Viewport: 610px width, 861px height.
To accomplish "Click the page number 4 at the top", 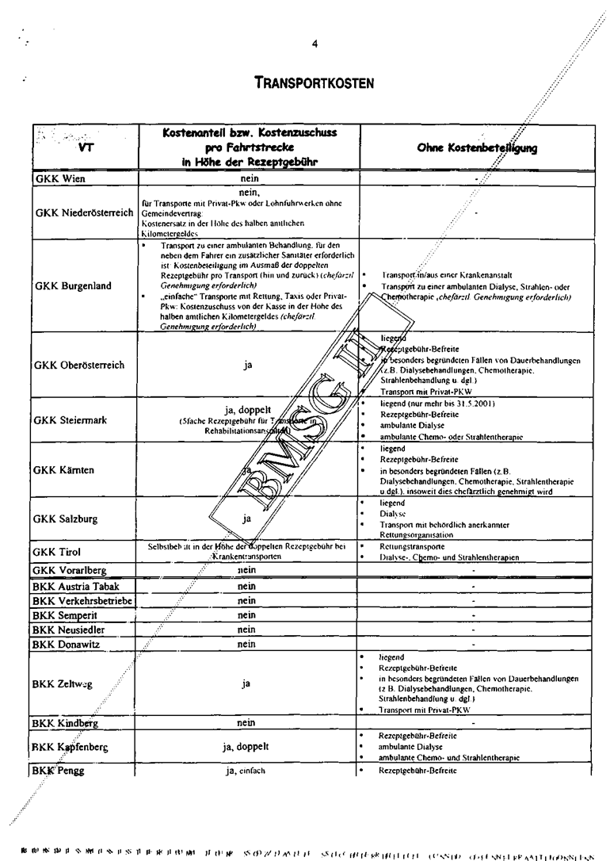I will [x=315, y=44].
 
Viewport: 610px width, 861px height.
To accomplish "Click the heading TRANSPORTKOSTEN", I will [x=315, y=82].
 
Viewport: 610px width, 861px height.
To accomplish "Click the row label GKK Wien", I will [x=61, y=179].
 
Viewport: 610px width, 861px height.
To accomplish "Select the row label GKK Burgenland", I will [x=74, y=285].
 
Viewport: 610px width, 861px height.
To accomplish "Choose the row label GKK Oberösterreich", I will [x=79, y=365].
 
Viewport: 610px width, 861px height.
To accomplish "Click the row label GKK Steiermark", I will [x=71, y=419].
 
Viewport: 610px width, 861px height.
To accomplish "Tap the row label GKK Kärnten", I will [x=64, y=469].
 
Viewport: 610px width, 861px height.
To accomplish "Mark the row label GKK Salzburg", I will [x=66, y=519].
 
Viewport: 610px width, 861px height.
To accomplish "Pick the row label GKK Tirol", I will [x=58, y=551].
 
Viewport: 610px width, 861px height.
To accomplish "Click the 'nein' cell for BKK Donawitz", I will [x=246, y=644].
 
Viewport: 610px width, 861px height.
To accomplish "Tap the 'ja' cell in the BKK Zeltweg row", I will [x=246, y=685].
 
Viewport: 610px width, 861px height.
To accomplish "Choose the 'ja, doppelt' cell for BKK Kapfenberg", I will [x=246, y=746].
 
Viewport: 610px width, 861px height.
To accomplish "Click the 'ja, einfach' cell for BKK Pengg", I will [x=246, y=770].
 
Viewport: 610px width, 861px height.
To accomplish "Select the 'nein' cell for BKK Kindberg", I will [x=246, y=723].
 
